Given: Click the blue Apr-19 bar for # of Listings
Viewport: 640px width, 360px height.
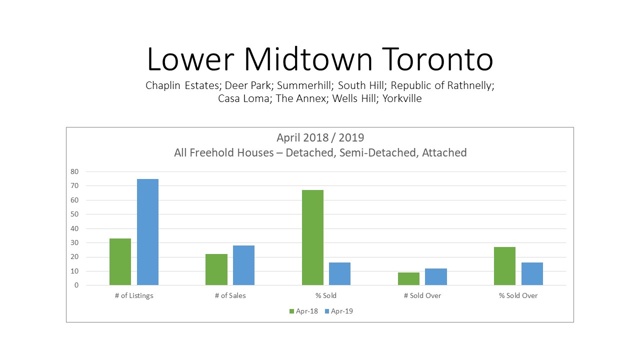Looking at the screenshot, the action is tap(147, 232).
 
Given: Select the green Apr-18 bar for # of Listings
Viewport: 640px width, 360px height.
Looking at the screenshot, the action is tap(120, 261).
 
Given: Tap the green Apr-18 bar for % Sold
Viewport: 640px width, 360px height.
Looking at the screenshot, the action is tap(313, 237).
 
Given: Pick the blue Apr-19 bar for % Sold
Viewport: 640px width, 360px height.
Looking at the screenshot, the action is tap(339, 273).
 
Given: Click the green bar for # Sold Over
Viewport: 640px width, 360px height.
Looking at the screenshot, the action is tap(409, 279).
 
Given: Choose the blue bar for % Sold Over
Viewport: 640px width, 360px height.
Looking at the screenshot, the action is tap(532, 273).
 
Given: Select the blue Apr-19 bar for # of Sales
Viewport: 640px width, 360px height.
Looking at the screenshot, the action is tap(243, 265).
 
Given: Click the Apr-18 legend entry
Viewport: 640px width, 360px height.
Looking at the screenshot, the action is tap(303, 311).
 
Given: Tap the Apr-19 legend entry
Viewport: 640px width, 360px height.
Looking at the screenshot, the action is tap(339, 311).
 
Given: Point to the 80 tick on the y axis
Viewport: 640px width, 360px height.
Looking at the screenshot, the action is tap(74, 171).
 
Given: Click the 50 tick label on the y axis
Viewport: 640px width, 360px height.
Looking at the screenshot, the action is tap(74, 214).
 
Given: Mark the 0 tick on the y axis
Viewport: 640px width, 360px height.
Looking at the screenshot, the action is tap(76, 285).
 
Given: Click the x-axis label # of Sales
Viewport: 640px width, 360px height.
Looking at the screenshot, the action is tap(230, 295).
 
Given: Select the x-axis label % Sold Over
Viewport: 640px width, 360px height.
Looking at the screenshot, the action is tap(518, 295).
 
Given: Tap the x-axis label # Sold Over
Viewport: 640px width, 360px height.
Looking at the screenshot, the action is tap(422, 295).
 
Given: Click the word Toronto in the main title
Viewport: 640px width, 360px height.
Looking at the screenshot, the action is tap(437, 59).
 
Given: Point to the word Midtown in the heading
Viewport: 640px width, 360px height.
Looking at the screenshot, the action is tap(308, 59).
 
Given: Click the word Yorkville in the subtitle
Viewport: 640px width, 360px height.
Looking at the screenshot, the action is tap(402, 98).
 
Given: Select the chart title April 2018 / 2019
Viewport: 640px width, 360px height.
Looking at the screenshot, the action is tap(320, 137).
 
